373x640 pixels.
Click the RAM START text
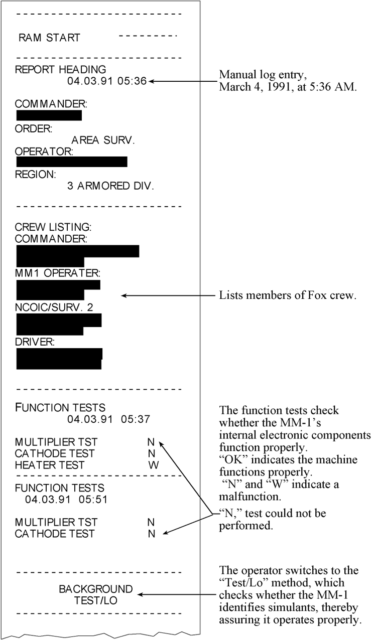tap(49, 38)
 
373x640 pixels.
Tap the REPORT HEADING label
tap(61, 69)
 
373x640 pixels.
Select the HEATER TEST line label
tap(50, 465)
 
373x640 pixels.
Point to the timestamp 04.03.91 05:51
tap(66, 500)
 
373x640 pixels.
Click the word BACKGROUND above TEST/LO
tap(96, 589)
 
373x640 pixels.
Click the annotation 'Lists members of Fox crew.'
tap(287, 296)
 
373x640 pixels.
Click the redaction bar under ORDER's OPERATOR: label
tap(72, 162)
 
